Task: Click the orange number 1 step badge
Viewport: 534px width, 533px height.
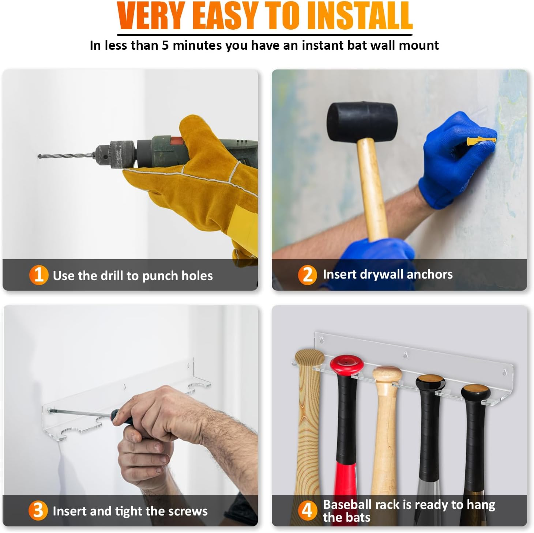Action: pyautogui.click(x=38, y=275)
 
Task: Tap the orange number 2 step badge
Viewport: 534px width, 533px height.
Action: pyautogui.click(x=307, y=275)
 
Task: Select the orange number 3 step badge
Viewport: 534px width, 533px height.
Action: pyautogui.click(x=38, y=511)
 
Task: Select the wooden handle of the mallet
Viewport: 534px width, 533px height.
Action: pyautogui.click(x=371, y=188)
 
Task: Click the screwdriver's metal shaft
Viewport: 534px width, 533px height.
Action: pyautogui.click(x=80, y=413)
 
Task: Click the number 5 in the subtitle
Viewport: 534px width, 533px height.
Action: pyautogui.click(x=165, y=45)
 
